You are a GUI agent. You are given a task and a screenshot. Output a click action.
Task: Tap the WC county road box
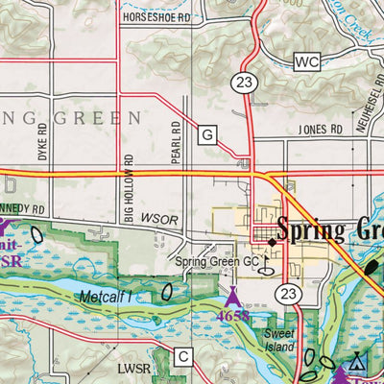(x=306, y=62)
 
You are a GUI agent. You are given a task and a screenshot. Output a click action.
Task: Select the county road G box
(x=207, y=135)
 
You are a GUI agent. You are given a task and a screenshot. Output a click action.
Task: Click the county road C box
(x=183, y=357)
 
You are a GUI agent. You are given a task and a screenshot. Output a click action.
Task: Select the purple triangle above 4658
(x=231, y=293)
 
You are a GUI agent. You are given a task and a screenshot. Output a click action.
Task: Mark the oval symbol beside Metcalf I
(x=168, y=292)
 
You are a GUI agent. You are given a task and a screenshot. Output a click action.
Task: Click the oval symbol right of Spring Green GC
(x=267, y=270)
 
